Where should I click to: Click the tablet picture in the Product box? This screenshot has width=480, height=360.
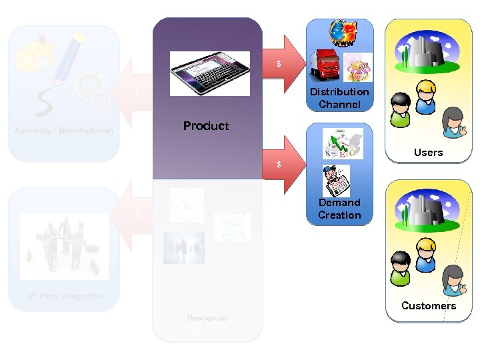(209, 73)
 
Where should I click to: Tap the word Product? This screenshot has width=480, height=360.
(206, 126)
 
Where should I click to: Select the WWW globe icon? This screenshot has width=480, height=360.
(345, 34)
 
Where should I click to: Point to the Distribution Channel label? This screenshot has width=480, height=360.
(339, 98)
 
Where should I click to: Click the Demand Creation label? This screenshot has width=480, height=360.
(339, 209)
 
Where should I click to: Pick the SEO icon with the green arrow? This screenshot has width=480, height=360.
(343, 143)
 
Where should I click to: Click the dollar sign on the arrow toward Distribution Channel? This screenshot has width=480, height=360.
(279, 64)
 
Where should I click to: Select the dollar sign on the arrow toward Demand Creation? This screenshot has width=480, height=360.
(279, 165)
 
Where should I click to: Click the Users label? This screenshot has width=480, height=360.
(428, 153)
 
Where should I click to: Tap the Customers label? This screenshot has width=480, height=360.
(429, 306)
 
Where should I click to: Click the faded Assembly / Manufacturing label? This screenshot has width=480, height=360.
(64, 131)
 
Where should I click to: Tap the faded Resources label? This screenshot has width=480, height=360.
(207, 318)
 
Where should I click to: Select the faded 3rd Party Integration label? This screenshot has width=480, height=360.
(65, 296)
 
